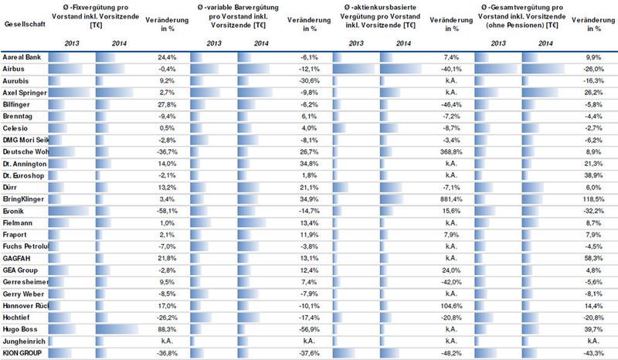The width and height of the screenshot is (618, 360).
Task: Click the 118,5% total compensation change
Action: [592, 199]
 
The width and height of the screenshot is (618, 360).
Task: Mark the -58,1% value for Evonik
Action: [166, 209]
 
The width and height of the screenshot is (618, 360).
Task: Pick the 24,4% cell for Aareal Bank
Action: [168, 57]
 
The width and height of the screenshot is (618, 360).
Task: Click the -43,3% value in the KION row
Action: [591, 352]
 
